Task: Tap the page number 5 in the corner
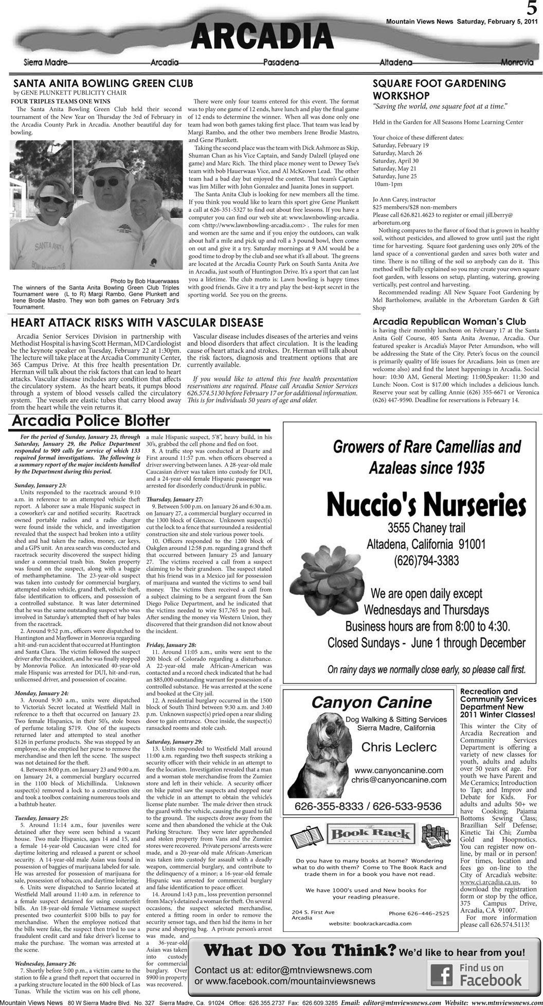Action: pos(532,9)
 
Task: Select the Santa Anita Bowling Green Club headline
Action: pos(103,83)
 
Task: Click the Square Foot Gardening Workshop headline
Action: pos(439,89)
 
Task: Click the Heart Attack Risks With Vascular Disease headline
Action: pos(137,322)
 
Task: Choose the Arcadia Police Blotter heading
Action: pos(90,421)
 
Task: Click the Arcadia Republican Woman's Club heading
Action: pos(449,321)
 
